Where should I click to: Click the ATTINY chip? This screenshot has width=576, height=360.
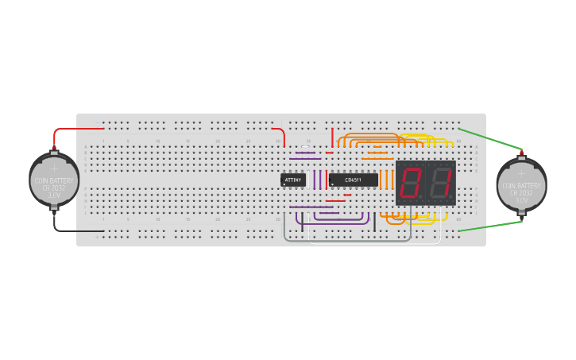(292, 180)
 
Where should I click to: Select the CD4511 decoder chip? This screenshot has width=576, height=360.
(354, 180)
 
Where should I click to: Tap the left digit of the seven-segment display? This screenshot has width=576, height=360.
(411, 184)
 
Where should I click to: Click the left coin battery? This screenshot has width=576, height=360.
(54, 181)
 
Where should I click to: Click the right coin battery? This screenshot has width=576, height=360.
(521, 184)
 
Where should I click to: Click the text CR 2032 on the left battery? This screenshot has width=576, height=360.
(54, 188)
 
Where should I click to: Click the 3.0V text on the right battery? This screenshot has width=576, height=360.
(521, 199)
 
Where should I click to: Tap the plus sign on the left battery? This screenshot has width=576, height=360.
(54, 168)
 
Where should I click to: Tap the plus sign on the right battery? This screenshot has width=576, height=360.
(521, 172)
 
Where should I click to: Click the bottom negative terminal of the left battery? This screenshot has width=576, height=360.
(54, 210)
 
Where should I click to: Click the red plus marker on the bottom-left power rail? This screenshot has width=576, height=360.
(97, 237)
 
